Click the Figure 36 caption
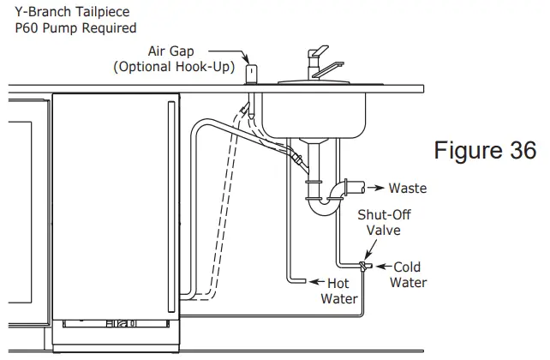click(485, 150)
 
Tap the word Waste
click(408, 188)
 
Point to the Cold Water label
click(408, 274)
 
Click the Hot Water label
click(339, 291)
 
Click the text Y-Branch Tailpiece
click(72, 11)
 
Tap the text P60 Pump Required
click(75, 27)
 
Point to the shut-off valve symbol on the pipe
click(364, 267)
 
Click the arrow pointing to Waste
click(375, 188)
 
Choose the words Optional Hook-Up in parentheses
click(174, 67)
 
